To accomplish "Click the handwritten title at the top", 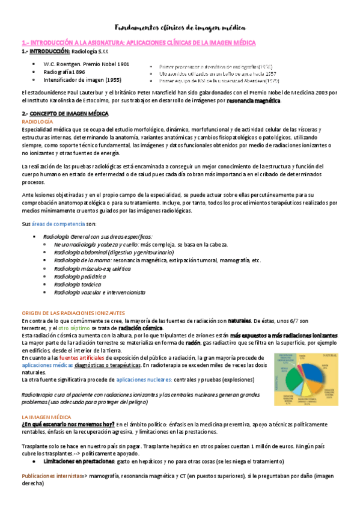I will [x=180, y=28].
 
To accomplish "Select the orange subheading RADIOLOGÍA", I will [x=37, y=121].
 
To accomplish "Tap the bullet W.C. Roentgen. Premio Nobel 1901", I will [x=87, y=64].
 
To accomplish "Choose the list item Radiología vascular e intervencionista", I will [x=99, y=292].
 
